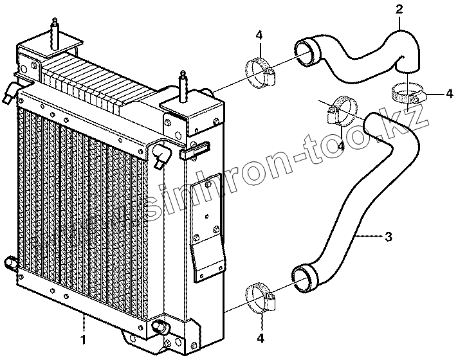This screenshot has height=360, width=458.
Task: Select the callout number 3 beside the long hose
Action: coord(388,237)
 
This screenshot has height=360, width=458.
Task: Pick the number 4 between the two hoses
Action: coord(340,146)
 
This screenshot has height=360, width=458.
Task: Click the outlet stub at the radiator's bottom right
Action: coord(159,327)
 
